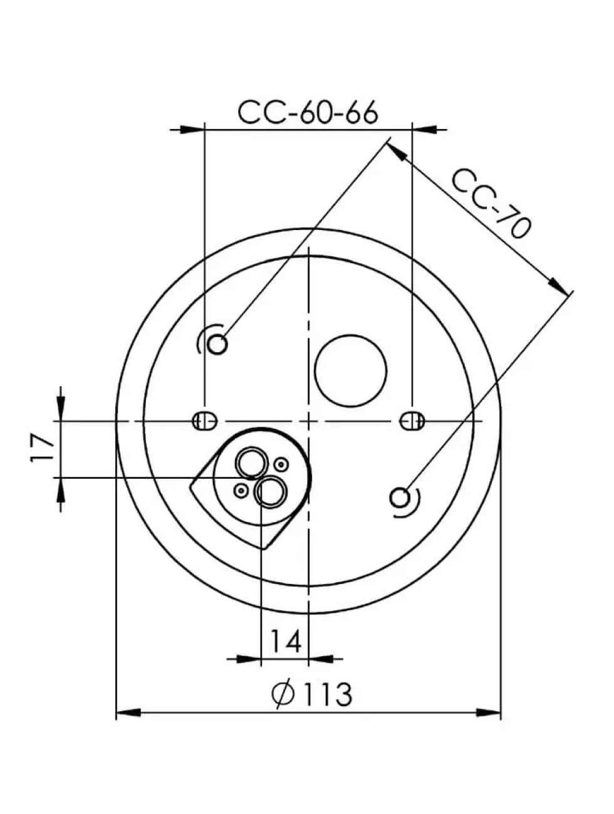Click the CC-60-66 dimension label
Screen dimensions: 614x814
click(308, 112)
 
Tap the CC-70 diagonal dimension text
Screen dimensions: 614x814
click(491, 202)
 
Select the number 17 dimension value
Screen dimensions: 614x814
click(42, 448)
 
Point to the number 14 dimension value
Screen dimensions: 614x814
click(285, 642)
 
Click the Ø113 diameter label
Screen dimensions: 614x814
click(311, 694)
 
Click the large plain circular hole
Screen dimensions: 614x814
click(350, 370)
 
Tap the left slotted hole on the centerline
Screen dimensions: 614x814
click(205, 421)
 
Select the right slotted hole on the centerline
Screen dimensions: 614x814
click(412, 421)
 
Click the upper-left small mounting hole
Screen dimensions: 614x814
click(217, 345)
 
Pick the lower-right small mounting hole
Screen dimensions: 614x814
click(400, 498)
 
